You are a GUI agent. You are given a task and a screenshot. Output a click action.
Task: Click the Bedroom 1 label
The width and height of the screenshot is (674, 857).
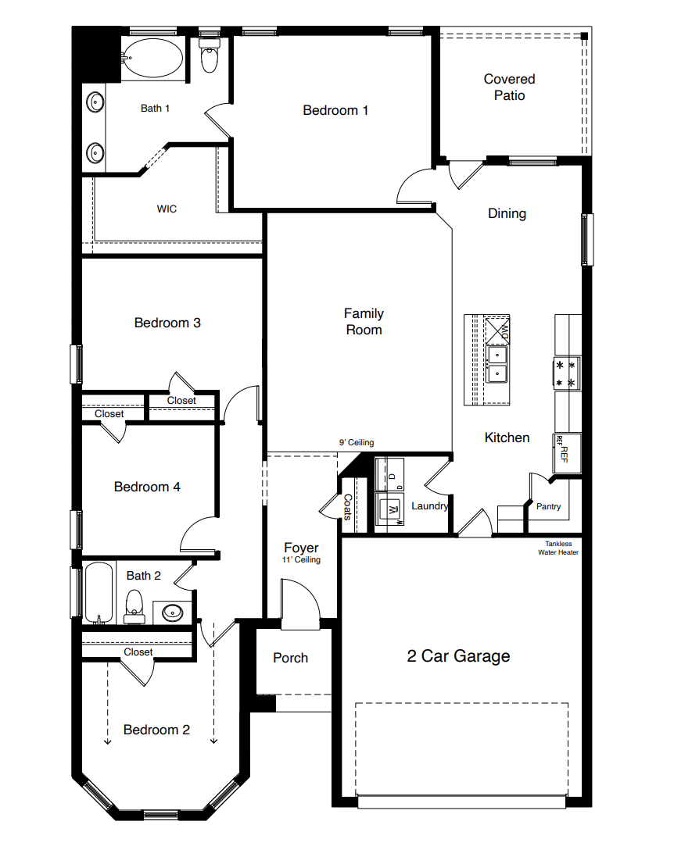coord(335,110)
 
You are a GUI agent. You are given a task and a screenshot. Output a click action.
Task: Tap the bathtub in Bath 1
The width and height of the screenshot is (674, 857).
coord(154,58)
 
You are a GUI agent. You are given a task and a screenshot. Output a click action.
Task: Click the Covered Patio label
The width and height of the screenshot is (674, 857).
coord(509,87)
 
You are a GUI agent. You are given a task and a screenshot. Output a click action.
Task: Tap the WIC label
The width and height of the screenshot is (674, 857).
coord(167,209)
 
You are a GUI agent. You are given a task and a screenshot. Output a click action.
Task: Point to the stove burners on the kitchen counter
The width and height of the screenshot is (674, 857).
coord(566,373)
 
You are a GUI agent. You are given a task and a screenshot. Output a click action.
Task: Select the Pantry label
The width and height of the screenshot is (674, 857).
coord(548,506)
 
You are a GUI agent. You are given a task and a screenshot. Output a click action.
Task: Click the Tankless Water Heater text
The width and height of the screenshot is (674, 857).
coord(557,548)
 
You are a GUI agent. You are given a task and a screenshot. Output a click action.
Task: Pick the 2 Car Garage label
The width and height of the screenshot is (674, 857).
coord(458,655)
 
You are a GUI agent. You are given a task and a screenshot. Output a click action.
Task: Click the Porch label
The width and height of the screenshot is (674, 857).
coord(290,658)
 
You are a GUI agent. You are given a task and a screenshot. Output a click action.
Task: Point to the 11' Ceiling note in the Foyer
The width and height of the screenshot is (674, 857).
coord(301,560)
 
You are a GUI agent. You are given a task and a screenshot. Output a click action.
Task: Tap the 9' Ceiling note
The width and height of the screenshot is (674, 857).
coord(356,442)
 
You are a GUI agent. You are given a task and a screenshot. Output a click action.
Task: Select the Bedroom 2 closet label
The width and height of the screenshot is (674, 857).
coord(138,652)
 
